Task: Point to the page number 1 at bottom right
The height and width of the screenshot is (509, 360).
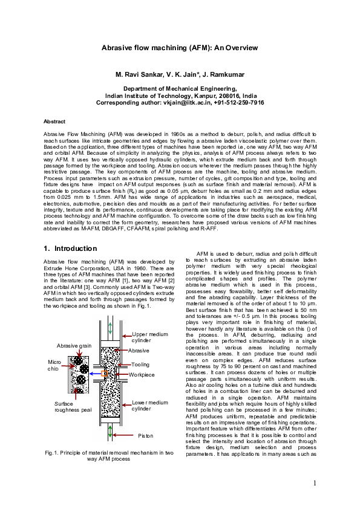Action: point(315,484)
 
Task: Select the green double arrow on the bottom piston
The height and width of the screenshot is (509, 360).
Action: point(110,430)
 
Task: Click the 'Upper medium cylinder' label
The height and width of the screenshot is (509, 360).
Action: point(149,337)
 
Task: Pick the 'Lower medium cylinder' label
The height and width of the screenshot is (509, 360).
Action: point(149,406)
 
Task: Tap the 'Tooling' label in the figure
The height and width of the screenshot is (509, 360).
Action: point(140,365)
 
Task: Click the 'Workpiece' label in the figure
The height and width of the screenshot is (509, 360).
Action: point(142,375)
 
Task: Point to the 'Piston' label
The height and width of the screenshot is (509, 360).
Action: point(146,435)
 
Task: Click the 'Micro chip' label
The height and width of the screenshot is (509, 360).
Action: point(54,365)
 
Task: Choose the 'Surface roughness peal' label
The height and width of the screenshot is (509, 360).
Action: point(71,407)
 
